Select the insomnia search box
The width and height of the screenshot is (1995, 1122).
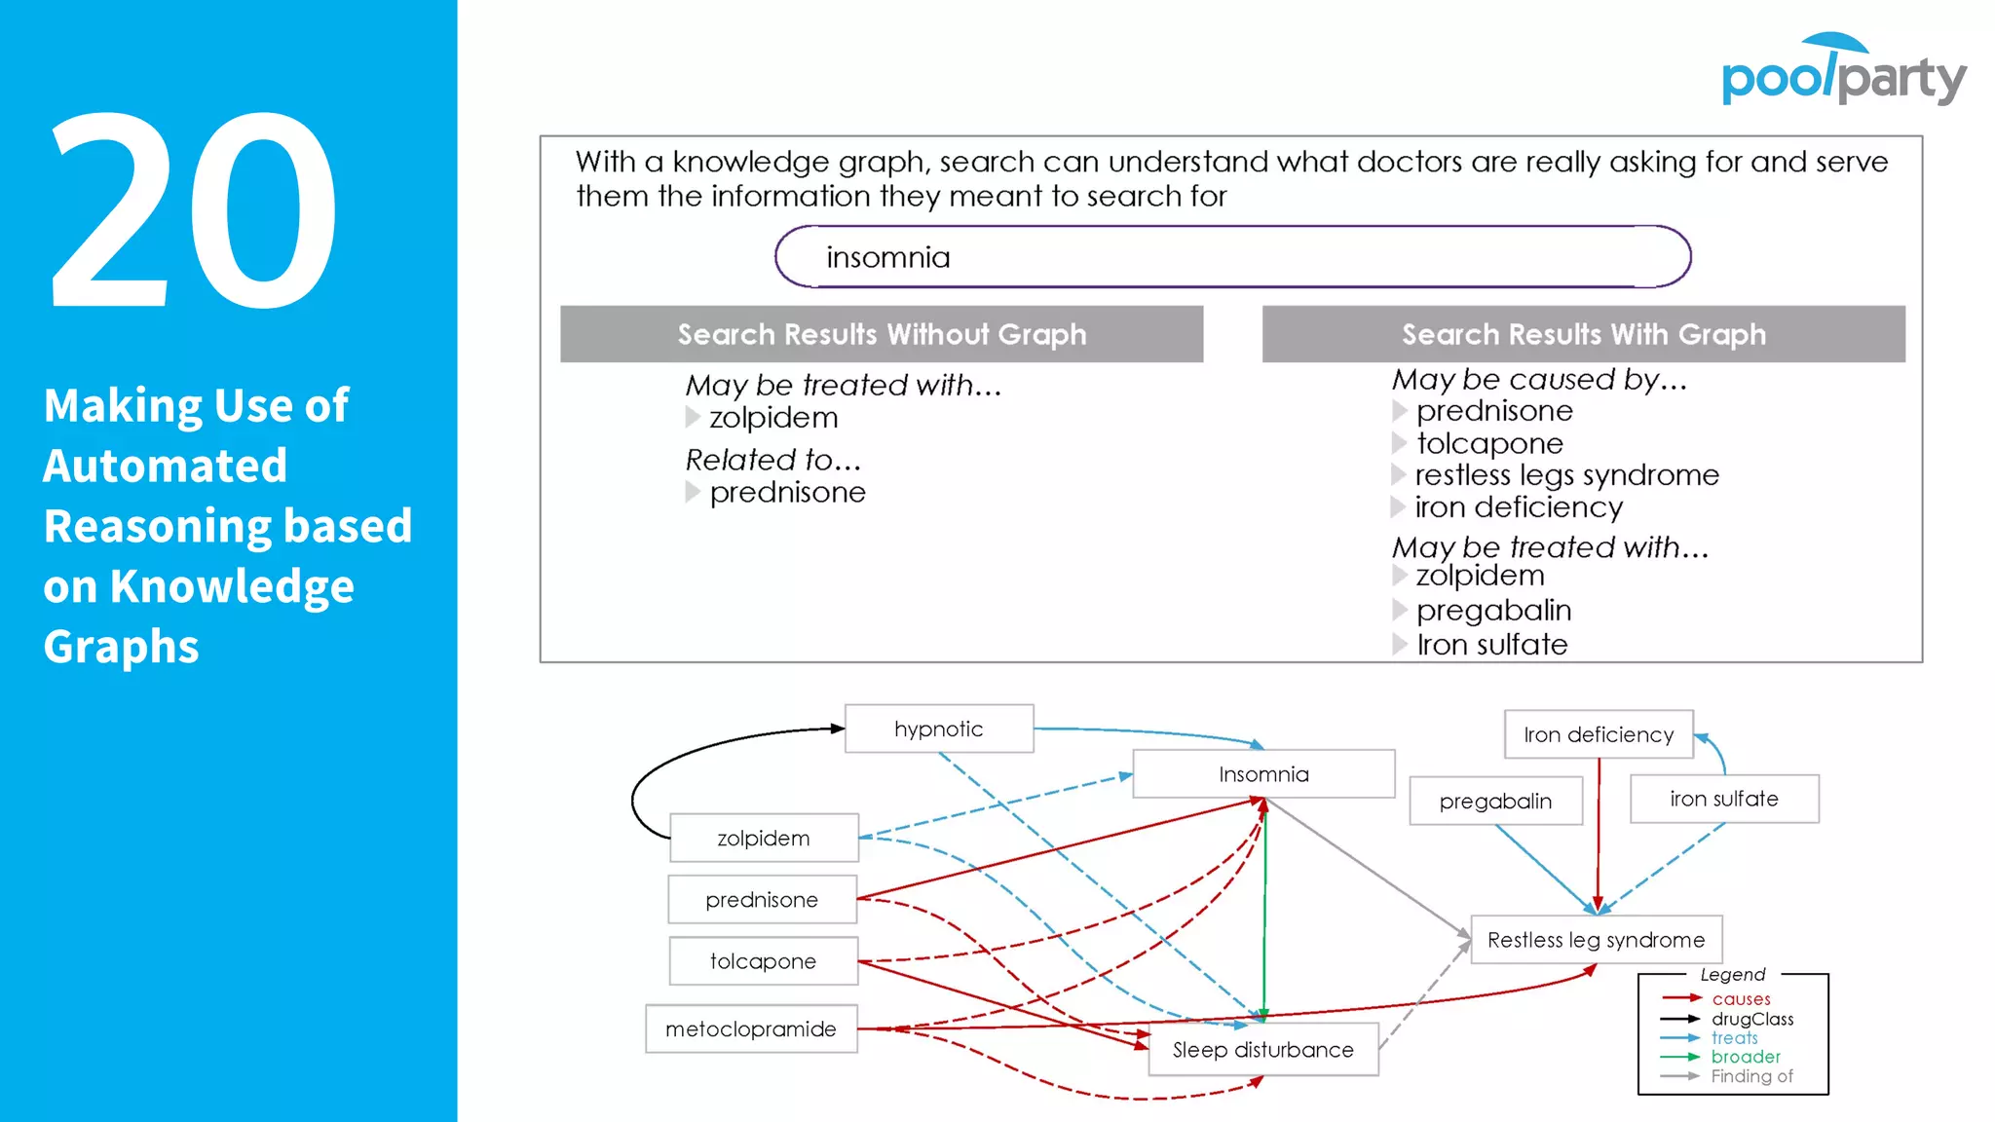(x=1232, y=257)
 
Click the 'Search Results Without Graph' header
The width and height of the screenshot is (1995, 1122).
(x=882, y=334)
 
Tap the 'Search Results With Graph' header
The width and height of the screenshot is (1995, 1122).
(x=1583, y=334)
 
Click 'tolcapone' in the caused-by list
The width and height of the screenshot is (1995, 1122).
(x=1488, y=443)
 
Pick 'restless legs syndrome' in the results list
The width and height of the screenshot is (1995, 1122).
(x=1566, y=475)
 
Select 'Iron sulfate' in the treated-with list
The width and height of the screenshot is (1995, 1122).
(x=1491, y=645)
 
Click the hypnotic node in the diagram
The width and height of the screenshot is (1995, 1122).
(x=939, y=729)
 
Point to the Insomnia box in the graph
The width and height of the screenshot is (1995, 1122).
(x=1263, y=774)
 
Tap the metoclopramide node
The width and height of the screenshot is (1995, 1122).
(x=751, y=1028)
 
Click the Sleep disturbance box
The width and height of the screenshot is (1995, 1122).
(x=1262, y=1049)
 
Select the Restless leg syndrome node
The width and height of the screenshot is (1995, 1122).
(x=1596, y=940)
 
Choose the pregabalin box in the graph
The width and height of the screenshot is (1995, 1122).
(x=1495, y=801)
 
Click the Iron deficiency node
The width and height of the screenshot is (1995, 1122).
(x=1599, y=734)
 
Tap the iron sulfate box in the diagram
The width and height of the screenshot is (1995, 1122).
(x=1723, y=799)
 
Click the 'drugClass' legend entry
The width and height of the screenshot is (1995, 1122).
(x=1751, y=1019)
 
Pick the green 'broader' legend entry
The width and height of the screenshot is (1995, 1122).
(x=1745, y=1057)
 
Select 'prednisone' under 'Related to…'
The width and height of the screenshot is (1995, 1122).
(x=787, y=493)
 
